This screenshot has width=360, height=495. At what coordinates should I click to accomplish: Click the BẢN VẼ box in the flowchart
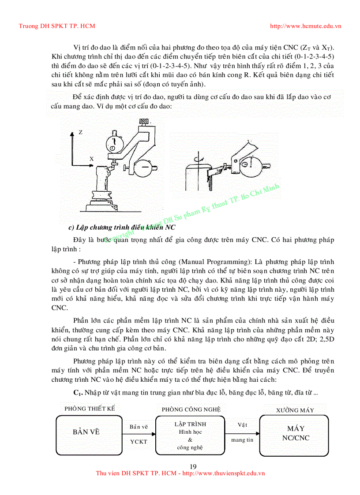[x=86, y=432]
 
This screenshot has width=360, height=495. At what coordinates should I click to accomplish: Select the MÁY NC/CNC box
[x=296, y=433]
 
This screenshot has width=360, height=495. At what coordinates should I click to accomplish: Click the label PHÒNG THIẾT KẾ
[x=90, y=409]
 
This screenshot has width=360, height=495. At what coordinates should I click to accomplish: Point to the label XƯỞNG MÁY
[x=295, y=410]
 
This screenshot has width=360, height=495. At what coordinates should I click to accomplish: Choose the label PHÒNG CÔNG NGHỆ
[x=191, y=409]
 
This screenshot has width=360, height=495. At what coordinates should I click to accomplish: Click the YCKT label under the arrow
[x=139, y=441]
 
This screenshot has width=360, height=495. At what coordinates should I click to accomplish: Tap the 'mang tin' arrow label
[x=242, y=440]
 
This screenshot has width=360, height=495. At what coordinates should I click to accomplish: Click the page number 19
[x=192, y=467]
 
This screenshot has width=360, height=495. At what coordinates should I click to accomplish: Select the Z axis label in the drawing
[x=81, y=132]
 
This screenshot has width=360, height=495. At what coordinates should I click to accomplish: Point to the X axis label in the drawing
[x=91, y=157]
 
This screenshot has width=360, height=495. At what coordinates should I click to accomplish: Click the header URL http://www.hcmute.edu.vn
[x=305, y=26]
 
